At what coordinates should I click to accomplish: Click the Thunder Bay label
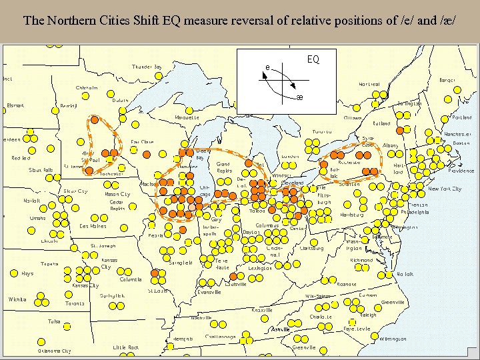point(147,67)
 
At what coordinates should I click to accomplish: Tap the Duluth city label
point(120,100)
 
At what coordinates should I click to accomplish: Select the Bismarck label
point(15,105)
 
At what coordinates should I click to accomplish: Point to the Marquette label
point(187,117)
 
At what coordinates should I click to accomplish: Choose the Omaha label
point(37,218)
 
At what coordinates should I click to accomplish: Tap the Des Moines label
point(93,226)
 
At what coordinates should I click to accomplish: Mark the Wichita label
point(17,299)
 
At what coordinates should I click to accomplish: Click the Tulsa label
point(54,321)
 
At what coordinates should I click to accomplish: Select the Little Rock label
point(125,347)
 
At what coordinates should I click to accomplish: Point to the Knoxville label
point(261,310)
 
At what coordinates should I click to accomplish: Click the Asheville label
point(280,329)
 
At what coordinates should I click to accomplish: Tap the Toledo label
point(257,211)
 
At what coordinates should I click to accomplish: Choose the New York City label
point(444,189)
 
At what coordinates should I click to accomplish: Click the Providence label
point(461,171)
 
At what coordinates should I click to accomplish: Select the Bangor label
point(447,80)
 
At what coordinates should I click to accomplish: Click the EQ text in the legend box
point(313,59)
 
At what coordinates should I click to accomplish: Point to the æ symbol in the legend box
point(299,98)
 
